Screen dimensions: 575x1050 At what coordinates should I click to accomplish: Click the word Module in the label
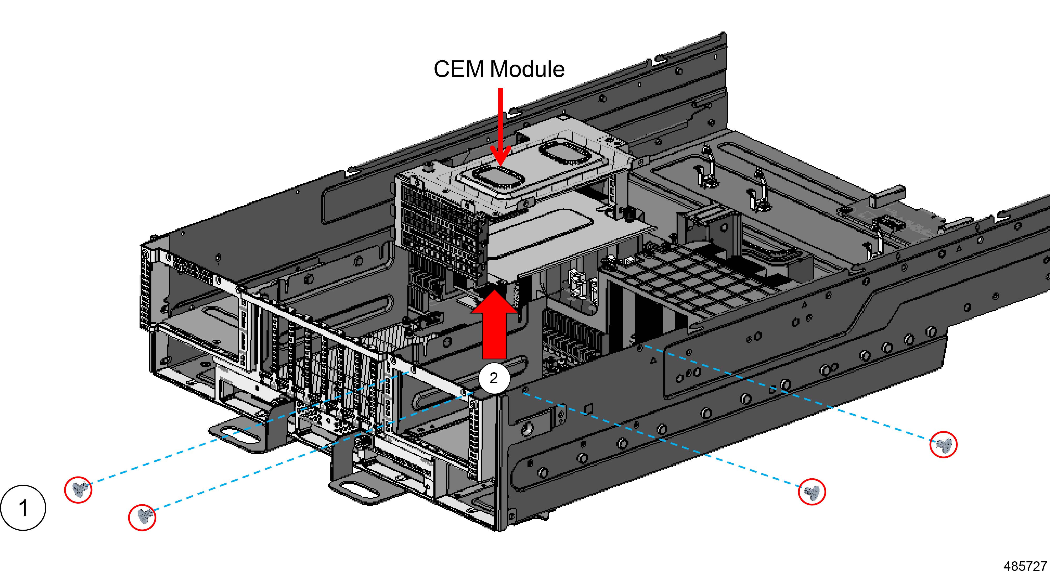tap(527, 69)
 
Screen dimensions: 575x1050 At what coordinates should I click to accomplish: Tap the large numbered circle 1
tap(23, 508)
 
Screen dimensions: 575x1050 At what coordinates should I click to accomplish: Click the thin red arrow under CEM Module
tap(500, 126)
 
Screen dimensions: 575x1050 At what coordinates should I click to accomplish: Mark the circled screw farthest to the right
tap(943, 445)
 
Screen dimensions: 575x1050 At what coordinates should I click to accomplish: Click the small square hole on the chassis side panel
tap(588, 408)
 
